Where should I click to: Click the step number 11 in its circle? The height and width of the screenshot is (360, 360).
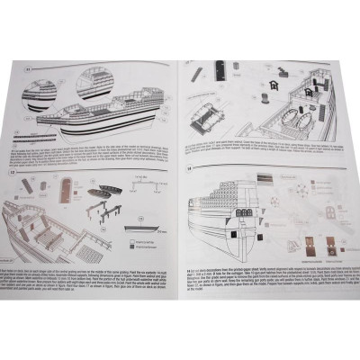click(x=30, y=67)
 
